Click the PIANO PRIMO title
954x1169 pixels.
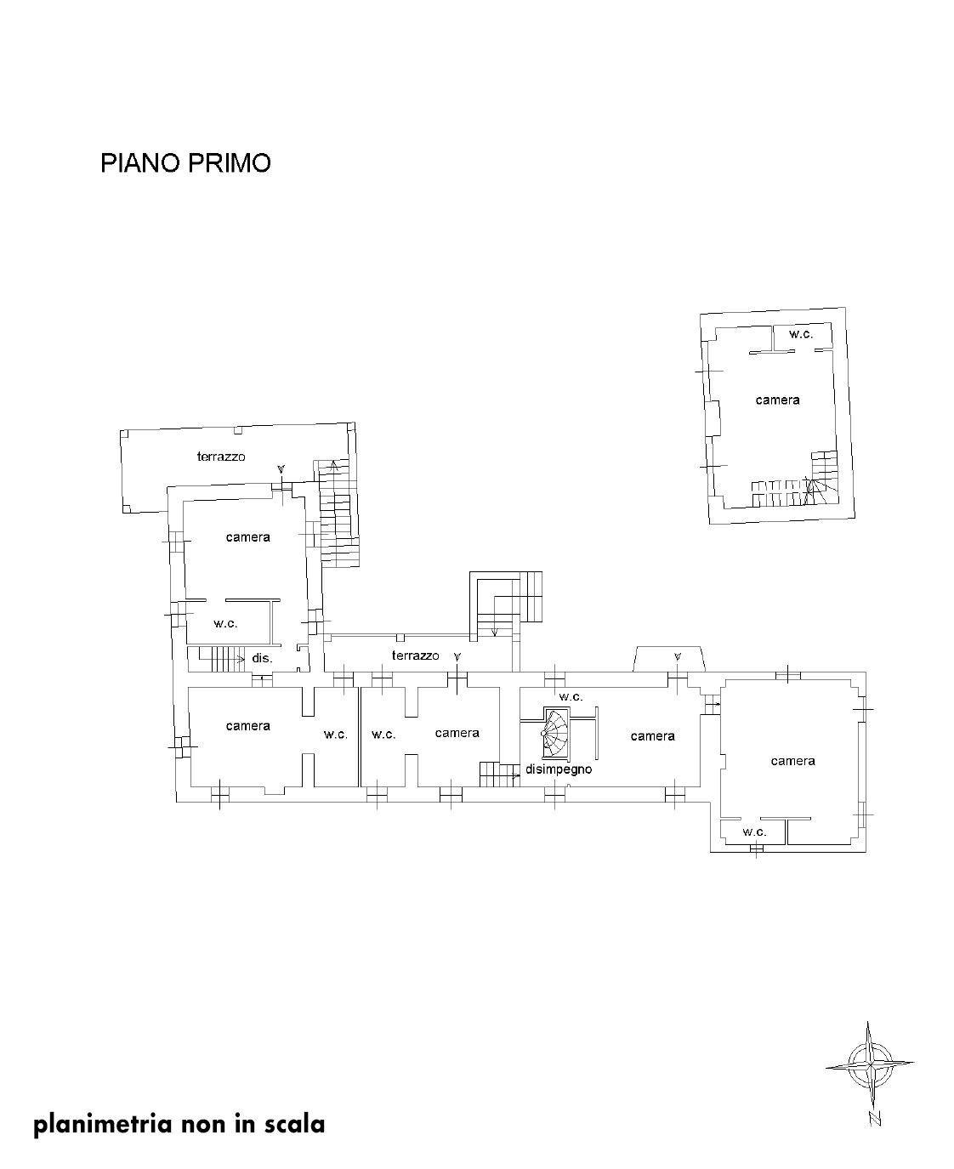click(185, 163)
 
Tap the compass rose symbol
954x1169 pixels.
click(870, 1064)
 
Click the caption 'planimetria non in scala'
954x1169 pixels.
click(179, 1124)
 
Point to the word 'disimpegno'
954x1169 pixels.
click(558, 769)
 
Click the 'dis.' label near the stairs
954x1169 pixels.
click(262, 658)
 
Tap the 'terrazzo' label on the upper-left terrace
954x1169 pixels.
click(221, 457)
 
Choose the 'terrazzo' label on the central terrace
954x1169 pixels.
click(415, 655)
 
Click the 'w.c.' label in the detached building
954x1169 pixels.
click(801, 334)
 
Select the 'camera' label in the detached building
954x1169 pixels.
click(777, 400)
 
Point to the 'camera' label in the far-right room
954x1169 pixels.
click(792, 761)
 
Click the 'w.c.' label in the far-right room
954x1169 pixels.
click(754, 831)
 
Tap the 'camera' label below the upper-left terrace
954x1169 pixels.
click(247, 537)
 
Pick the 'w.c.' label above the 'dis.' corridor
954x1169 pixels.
click(225, 623)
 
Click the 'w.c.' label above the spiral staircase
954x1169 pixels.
click(571, 696)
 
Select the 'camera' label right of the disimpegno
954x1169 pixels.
click(652, 736)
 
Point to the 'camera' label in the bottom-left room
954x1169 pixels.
click(247, 726)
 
